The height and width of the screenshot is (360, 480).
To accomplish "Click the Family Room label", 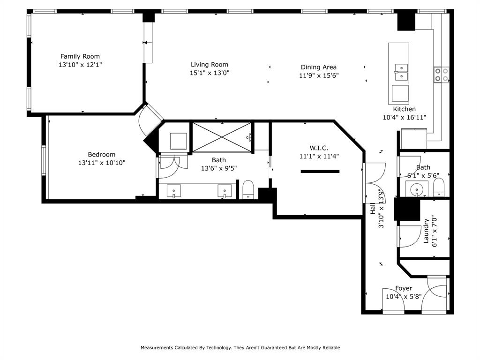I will (x=80, y=56).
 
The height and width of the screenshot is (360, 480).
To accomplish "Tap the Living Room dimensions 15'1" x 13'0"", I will (x=210, y=73).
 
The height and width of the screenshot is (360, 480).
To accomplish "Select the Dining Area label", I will (x=318, y=67).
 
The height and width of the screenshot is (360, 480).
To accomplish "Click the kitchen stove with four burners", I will (x=441, y=75).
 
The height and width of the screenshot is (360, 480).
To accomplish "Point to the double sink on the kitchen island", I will (x=401, y=73).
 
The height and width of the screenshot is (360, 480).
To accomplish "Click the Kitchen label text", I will (x=404, y=109).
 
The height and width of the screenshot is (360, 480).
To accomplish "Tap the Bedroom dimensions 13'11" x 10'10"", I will (x=102, y=163).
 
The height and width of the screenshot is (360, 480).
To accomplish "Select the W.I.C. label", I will (x=319, y=148).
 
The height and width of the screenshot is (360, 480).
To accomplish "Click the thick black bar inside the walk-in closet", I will (x=320, y=172).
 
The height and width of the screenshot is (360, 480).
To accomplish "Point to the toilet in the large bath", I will (x=248, y=190).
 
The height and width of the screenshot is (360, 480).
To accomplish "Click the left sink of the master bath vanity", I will (x=174, y=192).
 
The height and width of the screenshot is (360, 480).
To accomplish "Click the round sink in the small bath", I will (x=416, y=190).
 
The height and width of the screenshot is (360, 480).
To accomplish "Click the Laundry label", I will (x=426, y=231).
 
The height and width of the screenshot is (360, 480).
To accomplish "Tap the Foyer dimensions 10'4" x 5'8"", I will (x=404, y=296).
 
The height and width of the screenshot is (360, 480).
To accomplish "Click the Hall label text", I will (x=373, y=209).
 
